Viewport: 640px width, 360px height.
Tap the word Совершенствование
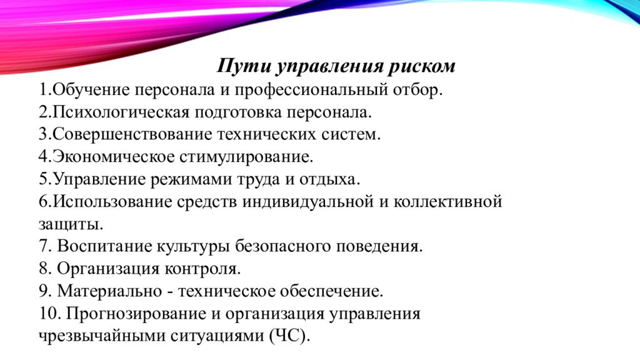point(132,134)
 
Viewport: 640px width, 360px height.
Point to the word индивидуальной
point(308,202)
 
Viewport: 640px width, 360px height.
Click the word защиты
point(71,224)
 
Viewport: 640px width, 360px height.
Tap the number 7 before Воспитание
point(44,246)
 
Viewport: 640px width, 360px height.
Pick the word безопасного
point(283,246)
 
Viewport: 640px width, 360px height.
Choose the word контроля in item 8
point(202,269)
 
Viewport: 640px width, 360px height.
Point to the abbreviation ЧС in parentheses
point(288,336)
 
